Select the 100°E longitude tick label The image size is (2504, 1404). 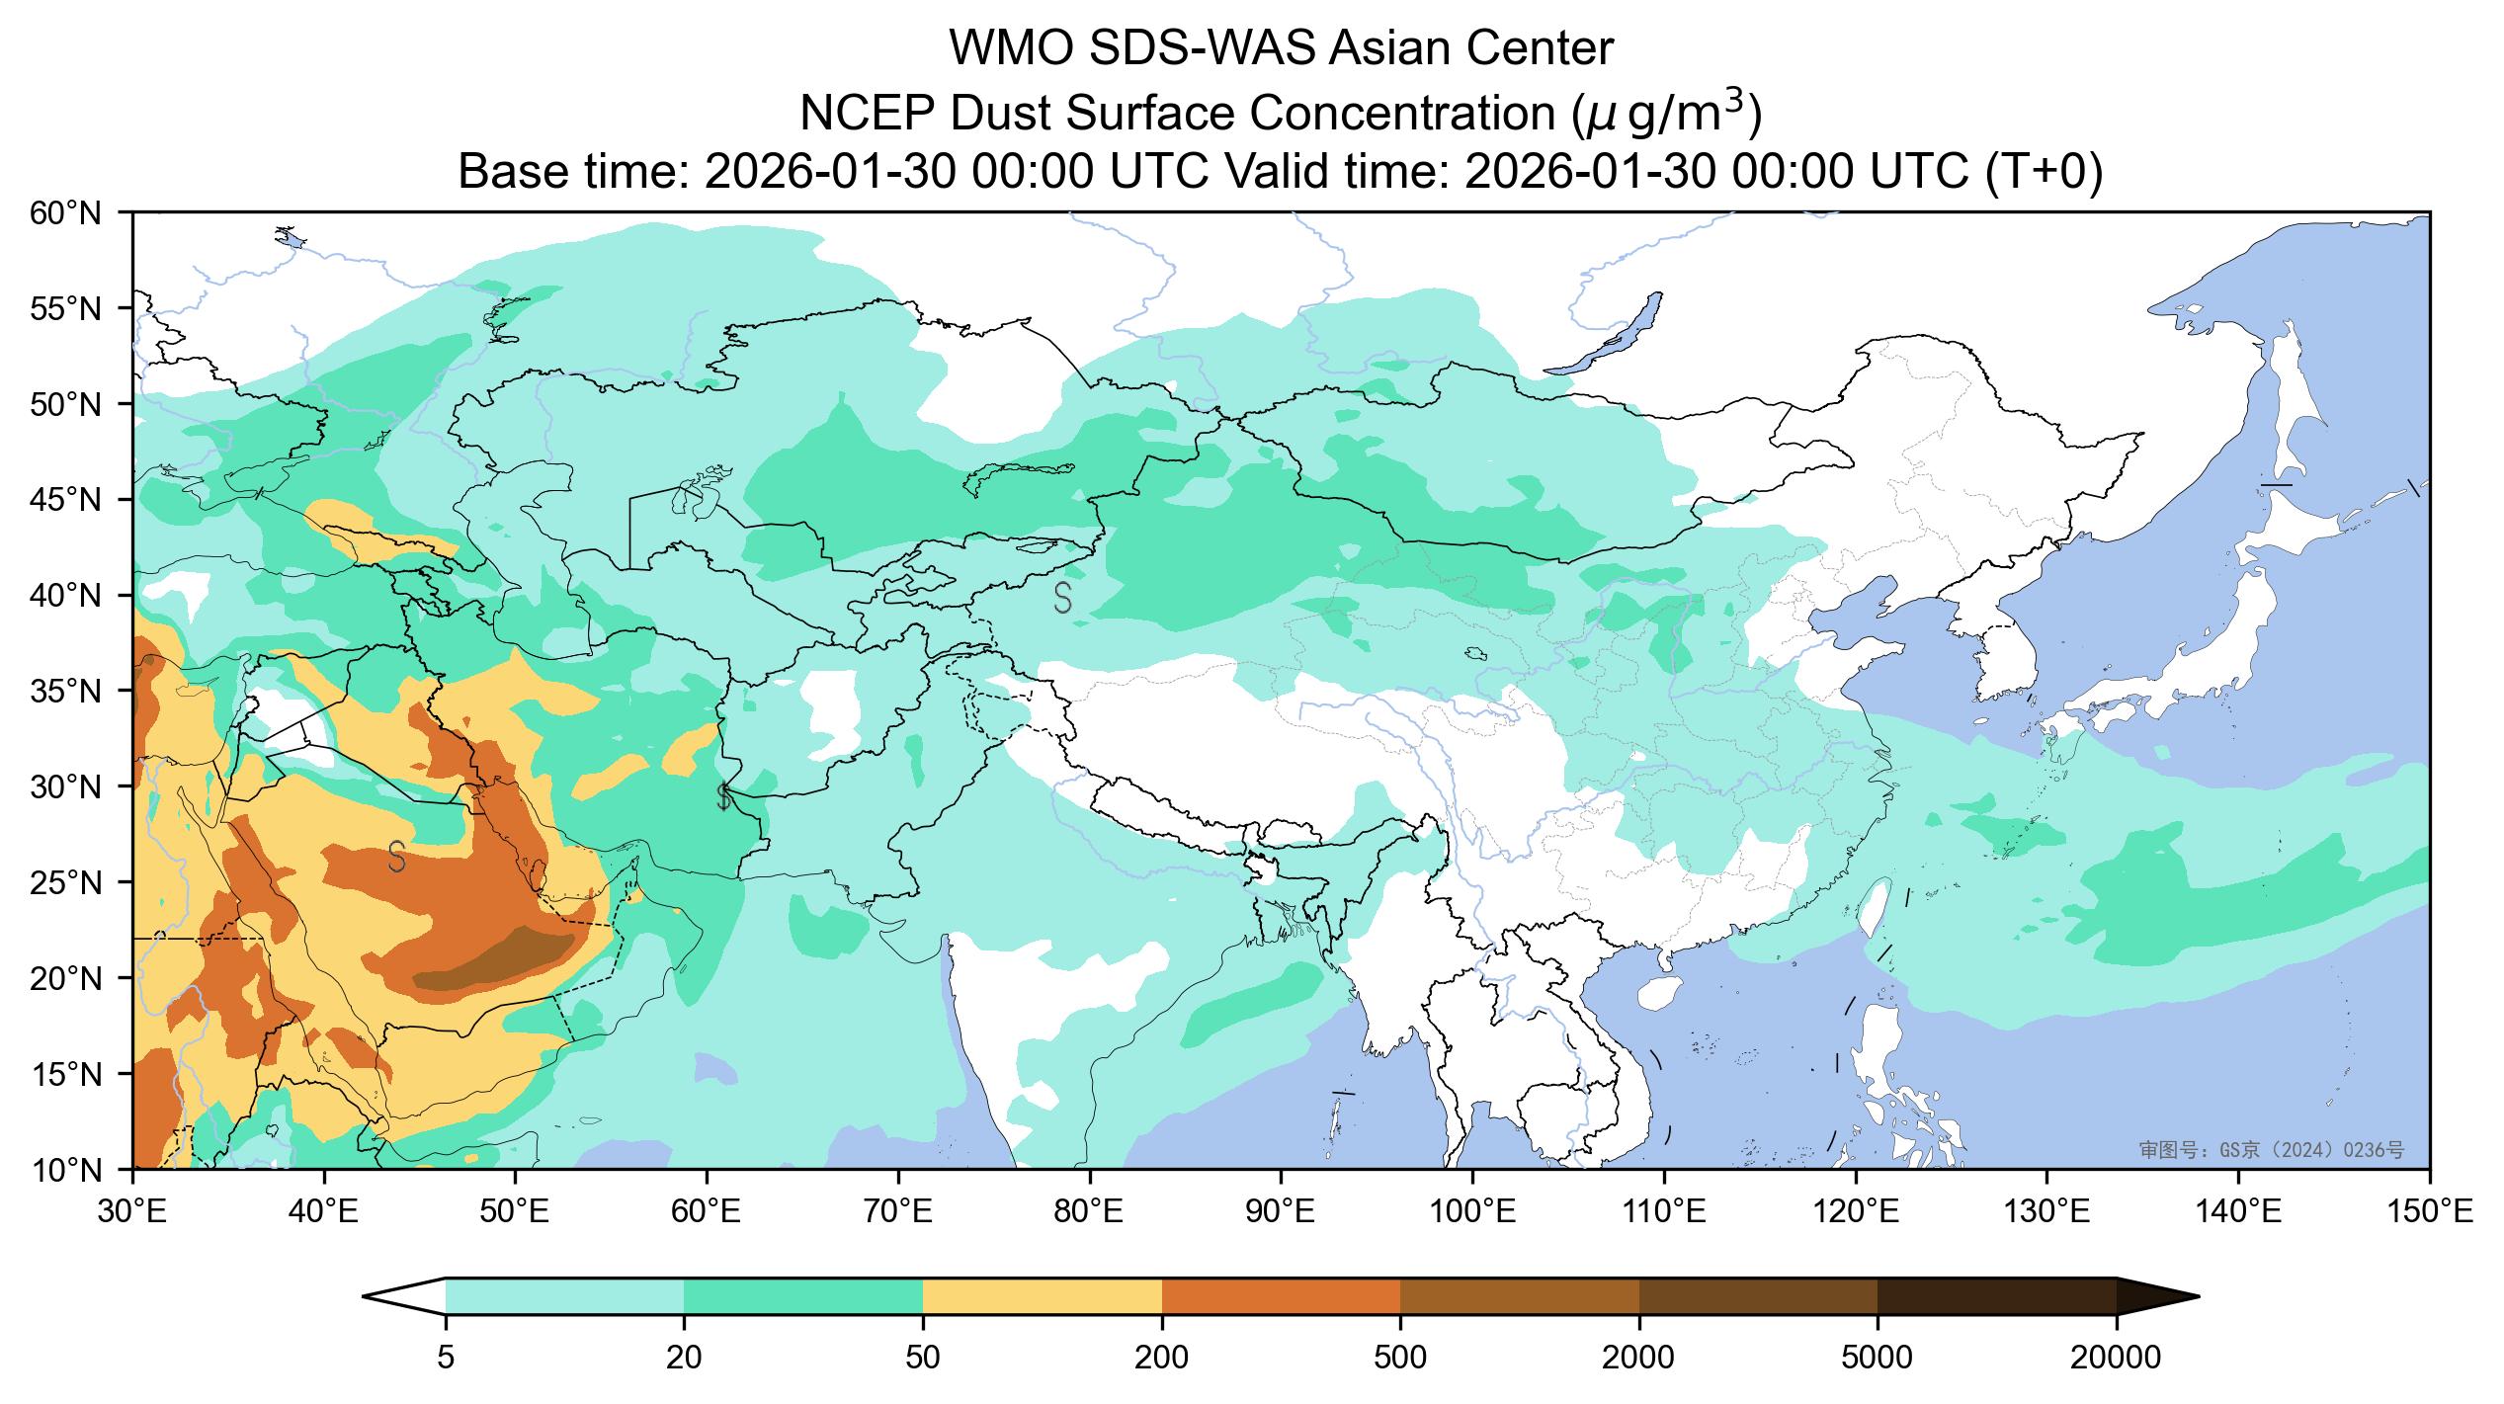point(1472,1210)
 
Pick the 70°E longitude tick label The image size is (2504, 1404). point(897,1210)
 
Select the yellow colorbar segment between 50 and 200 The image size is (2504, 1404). point(1042,1296)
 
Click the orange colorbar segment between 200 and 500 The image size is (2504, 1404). point(1281,1296)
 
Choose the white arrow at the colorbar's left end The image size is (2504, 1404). point(405,1296)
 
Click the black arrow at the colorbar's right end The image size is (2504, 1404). point(2157,1296)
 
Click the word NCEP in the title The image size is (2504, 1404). point(864,115)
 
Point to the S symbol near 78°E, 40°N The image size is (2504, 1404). point(1063,598)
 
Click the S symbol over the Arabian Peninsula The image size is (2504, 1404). point(397,857)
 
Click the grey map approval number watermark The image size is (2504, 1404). point(2271,1150)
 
